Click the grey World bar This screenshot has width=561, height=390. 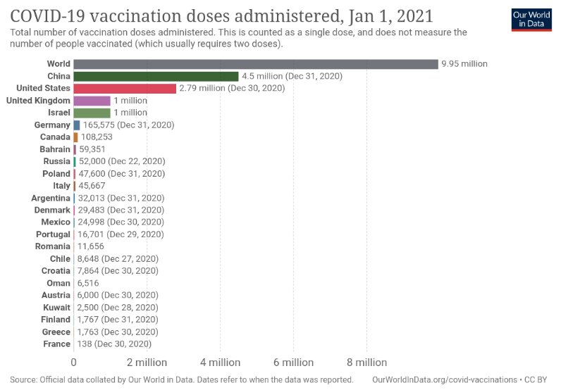[x=255, y=64]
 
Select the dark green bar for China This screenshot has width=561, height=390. [x=156, y=76]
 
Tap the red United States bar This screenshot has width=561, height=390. [x=125, y=88]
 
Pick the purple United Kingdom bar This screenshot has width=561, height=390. [x=92, y=101]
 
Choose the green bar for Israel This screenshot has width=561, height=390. [x=92, y=113]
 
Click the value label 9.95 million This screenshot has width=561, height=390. [x=464, y=64]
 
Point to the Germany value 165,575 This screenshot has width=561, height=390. [x=99, y=125]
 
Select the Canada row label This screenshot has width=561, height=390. [x=56, y=137]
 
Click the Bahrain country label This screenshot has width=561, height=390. [x=55, y=149]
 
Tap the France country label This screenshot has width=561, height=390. [x=56, y=344]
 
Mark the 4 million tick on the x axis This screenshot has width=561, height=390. [x=220, y=363]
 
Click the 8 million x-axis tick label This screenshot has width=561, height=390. [x=366, y=363]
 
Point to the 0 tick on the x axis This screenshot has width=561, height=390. [x=74, y=363]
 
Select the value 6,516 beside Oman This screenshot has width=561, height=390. [x=90, y=283]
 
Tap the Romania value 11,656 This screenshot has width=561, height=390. [x=92, y=246]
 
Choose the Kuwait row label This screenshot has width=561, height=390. [x=56, y=308]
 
